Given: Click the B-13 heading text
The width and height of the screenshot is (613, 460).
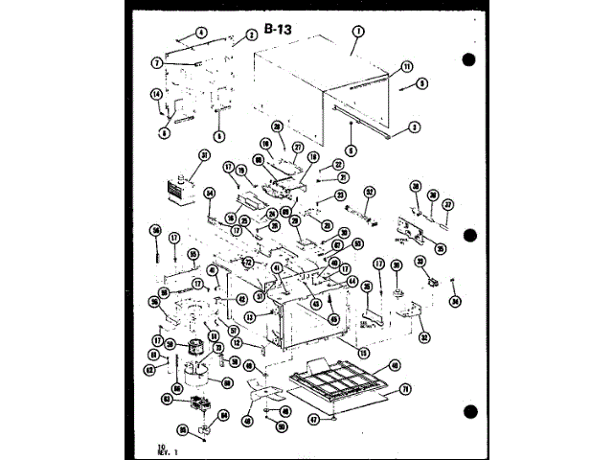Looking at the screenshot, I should (x=278, y=30).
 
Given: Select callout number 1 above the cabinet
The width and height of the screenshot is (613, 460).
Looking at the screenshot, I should (x=355, y=31).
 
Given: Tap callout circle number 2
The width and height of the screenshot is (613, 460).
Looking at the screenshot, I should (x=251, y=34).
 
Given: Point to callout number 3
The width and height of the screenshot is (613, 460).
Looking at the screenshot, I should (x=415, y=126).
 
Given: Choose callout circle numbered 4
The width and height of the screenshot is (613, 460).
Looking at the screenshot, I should (x=202, y=33).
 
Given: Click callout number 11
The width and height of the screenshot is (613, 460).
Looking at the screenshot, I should (x=406, y=66).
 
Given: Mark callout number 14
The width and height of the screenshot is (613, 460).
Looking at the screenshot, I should (x=155, y=93).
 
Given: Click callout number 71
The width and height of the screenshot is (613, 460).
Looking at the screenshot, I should (x=404, y=388).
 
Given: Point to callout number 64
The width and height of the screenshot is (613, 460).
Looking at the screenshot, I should (x=223, y=415).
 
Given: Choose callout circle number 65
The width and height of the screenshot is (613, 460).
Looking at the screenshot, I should (x=182, y=429).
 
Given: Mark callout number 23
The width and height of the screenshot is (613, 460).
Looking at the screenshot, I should (x=339, y=195).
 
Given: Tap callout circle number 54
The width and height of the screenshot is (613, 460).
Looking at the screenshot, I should (x=210, y=193).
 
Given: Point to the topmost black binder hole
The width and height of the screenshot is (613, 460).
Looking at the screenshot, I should (x=468, y=59).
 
